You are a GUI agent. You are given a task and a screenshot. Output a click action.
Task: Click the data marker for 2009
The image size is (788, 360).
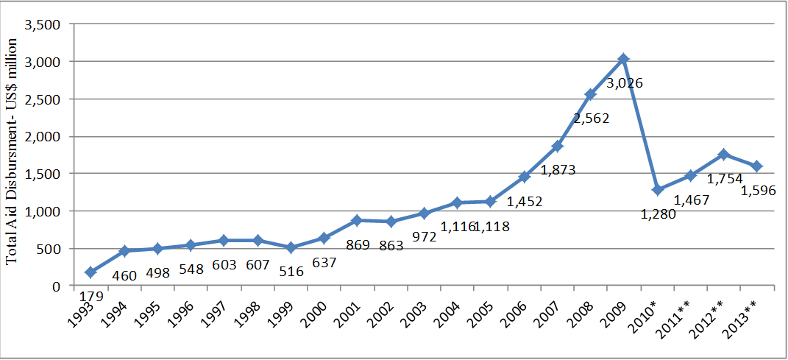coord(623,59)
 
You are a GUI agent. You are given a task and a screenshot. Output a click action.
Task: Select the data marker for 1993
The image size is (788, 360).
coord(90,272)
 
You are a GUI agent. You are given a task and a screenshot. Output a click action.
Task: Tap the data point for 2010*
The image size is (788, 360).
coord(657,190)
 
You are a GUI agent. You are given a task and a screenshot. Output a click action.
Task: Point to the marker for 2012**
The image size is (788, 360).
coord(724,155)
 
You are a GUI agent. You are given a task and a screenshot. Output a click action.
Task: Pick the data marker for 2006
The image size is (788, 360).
coord(524,177)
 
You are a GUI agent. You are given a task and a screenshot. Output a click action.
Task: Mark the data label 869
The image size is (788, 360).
coord(358,245)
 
